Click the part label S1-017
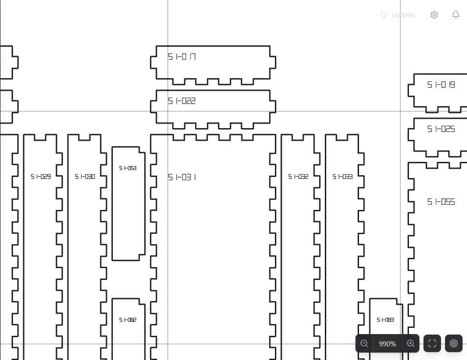[182, 57]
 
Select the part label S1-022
[182, 101]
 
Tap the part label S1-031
[182, 177]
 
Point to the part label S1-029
[41, 177]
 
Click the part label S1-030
[85, 177]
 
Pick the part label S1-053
[128, 168]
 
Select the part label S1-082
[128, 320]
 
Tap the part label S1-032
[298, 177]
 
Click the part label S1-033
[343, 177]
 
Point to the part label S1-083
[385, 320]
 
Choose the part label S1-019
[441, 85]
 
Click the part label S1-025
[441, 129]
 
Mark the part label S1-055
[441, 202]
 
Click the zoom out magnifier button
[364, 344]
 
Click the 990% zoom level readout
[387, 344]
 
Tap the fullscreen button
[432, 344]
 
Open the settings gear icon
[434, 15]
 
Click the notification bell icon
[456, 15]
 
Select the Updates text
[403, 15]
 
